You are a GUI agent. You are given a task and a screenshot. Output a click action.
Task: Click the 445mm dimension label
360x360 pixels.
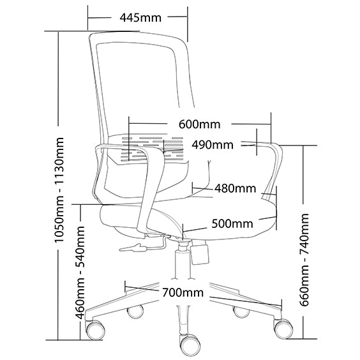(x=140, y=18)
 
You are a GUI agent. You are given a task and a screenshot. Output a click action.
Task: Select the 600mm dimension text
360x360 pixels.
(x=200, y=124)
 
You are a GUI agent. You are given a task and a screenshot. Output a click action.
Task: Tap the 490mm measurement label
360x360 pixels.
(x=213, y=145)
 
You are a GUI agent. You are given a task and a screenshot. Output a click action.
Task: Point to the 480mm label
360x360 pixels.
(x=235, y=188)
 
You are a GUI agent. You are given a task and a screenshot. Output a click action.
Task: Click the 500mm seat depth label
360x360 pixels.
(x=232, y=223)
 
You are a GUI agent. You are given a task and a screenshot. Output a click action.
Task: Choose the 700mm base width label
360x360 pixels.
(x=183, y=292)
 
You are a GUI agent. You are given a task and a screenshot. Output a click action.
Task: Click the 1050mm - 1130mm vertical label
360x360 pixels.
(x=59, y=190)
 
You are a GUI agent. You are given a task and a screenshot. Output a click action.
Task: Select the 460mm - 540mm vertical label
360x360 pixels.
(x=80, y=273)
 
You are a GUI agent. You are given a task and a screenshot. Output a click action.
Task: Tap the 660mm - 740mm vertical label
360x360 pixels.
(x=304, y=260)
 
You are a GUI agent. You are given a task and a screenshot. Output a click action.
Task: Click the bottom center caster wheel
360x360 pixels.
(x=190, y=345)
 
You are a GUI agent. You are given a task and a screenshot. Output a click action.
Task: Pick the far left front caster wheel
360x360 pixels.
(x=94, y=330)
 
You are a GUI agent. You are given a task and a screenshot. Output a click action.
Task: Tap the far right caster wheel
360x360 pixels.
(x=283, y=329)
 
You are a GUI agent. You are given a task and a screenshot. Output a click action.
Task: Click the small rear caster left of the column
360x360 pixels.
(x=135, y=311)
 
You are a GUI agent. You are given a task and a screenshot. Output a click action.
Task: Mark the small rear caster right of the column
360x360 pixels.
(x=241, y=311)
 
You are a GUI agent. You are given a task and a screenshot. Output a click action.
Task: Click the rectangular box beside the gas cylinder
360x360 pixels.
(x=200, y=255)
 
